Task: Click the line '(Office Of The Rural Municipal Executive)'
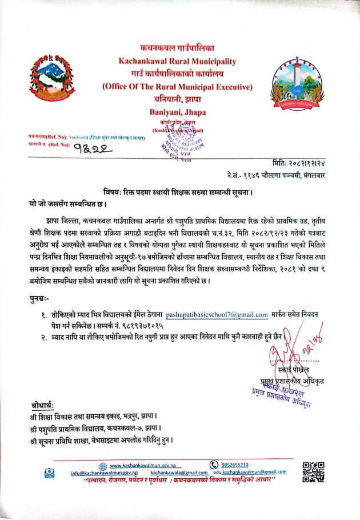177,87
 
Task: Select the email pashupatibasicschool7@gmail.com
217,314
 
